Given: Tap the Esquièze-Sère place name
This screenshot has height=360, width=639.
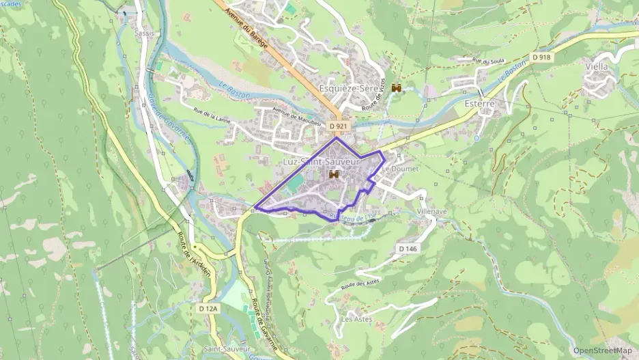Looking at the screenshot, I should tap(347, 89).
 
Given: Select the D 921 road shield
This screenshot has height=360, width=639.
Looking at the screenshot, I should tap(339, 126).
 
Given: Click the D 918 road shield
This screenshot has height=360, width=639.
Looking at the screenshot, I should tap(541, 57).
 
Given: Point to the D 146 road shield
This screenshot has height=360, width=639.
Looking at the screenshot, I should tap(406, 249).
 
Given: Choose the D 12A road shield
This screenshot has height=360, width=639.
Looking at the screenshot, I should tap(208, 309).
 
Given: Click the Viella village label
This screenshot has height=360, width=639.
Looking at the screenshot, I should tap(596, 67).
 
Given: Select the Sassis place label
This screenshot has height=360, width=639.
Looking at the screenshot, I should tap(143, 33).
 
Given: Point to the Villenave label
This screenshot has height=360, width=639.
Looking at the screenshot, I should tap(432, 212).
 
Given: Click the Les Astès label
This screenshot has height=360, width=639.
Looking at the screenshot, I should tap(356, 319).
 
